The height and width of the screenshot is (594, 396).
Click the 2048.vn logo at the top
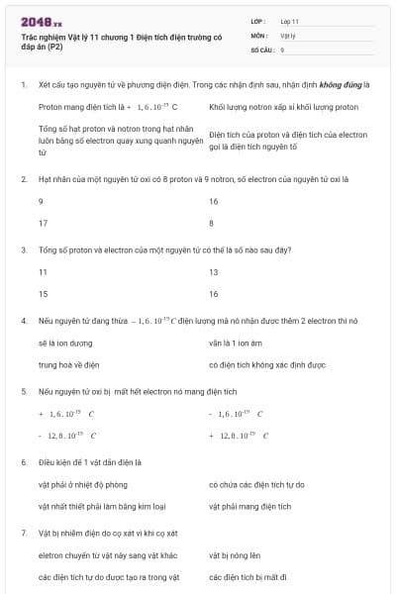coord(41,21)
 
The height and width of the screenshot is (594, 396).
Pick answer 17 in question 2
coord(43,223)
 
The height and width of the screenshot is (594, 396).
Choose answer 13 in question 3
coord(214,272)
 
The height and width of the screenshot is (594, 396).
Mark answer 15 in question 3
coord(43,294)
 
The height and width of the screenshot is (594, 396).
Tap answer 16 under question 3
coord(214,294)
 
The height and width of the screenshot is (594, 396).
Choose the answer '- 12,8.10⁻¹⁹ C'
coord(66,435)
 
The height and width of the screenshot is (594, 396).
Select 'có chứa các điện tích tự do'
coord(256,484)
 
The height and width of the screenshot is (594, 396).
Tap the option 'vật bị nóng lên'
coord(236,554)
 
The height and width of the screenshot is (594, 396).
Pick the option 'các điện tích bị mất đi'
coord(248,576)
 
